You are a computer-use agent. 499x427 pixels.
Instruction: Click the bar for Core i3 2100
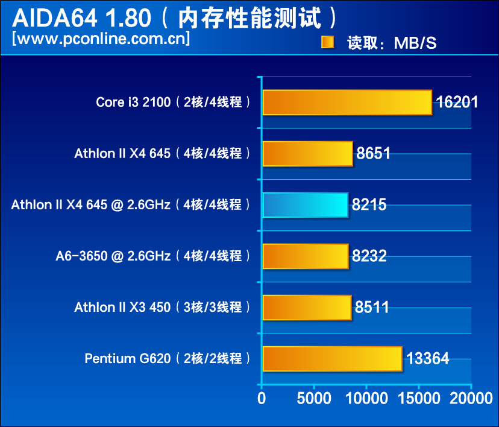(x=347, y=103)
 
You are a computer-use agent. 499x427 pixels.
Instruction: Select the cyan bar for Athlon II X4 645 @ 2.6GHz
(x=306, y=205)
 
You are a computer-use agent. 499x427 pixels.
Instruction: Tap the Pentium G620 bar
(x=332, y=359)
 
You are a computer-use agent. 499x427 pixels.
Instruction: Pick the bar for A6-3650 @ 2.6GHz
(x=306, y=256)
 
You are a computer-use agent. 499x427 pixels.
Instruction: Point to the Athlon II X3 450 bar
(x=307, y=308)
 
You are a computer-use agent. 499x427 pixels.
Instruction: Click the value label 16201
(x=457, y=102)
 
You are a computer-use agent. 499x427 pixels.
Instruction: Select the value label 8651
(x=374, y=153)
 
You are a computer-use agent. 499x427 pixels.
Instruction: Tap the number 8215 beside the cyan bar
(x=369, y=205)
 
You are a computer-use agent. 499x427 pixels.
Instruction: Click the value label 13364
(x=427, y=359)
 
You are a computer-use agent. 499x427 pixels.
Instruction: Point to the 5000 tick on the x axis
(x=313, y=399)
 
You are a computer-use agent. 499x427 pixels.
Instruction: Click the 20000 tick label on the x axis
(x=471, y=399)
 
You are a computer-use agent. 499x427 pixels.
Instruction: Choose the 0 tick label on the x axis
(x=261, y=399)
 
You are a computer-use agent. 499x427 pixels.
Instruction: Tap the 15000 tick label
(x=418, y=399)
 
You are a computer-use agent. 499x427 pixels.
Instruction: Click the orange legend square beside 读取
(x=327, y=42)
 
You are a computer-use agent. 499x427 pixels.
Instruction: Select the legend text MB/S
(x=415, y=43)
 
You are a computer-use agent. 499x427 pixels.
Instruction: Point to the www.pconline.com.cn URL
(x=101, y=39)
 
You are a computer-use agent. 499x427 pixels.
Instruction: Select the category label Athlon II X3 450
(x=122, y=308)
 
